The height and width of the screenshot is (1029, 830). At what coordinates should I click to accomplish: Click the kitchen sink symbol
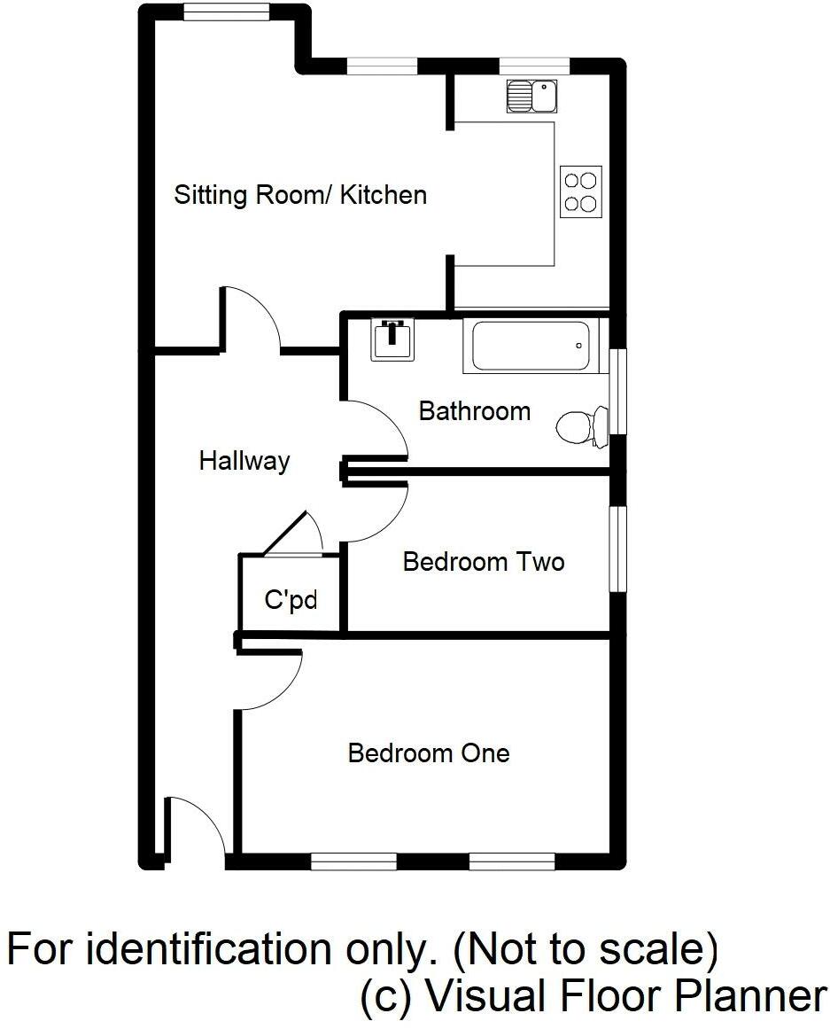point(531,96)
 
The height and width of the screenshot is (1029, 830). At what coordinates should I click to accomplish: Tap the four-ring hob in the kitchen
point(581,191)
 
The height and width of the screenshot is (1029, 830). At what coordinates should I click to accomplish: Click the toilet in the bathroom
point(581,426)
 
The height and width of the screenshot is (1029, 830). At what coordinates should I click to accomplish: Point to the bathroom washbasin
point(392,338)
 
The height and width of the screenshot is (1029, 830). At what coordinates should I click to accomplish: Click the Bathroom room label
point(475,411)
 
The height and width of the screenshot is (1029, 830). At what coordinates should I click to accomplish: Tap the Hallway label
point(244,461)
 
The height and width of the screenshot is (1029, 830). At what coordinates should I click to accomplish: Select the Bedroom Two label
point(484,562)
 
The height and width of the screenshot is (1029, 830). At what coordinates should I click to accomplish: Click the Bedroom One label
point(429,753)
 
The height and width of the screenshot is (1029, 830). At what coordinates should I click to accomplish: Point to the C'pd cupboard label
point(291,601)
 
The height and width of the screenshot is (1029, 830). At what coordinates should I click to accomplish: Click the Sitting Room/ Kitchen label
point(300,194)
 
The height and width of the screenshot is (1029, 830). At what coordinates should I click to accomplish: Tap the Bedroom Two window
point(617,549)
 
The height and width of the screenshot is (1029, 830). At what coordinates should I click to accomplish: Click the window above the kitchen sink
point(534,65)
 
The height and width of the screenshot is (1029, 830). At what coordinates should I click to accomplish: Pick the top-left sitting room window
point(226,11)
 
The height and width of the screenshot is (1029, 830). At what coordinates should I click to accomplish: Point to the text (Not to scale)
point(586,950)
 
